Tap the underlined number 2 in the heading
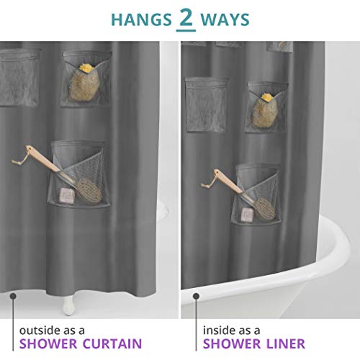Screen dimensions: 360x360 click(x=186, y=19)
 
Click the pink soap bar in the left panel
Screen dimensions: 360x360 click(x=68, y=195)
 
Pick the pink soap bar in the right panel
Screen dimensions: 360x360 click(x=248, y=214)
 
